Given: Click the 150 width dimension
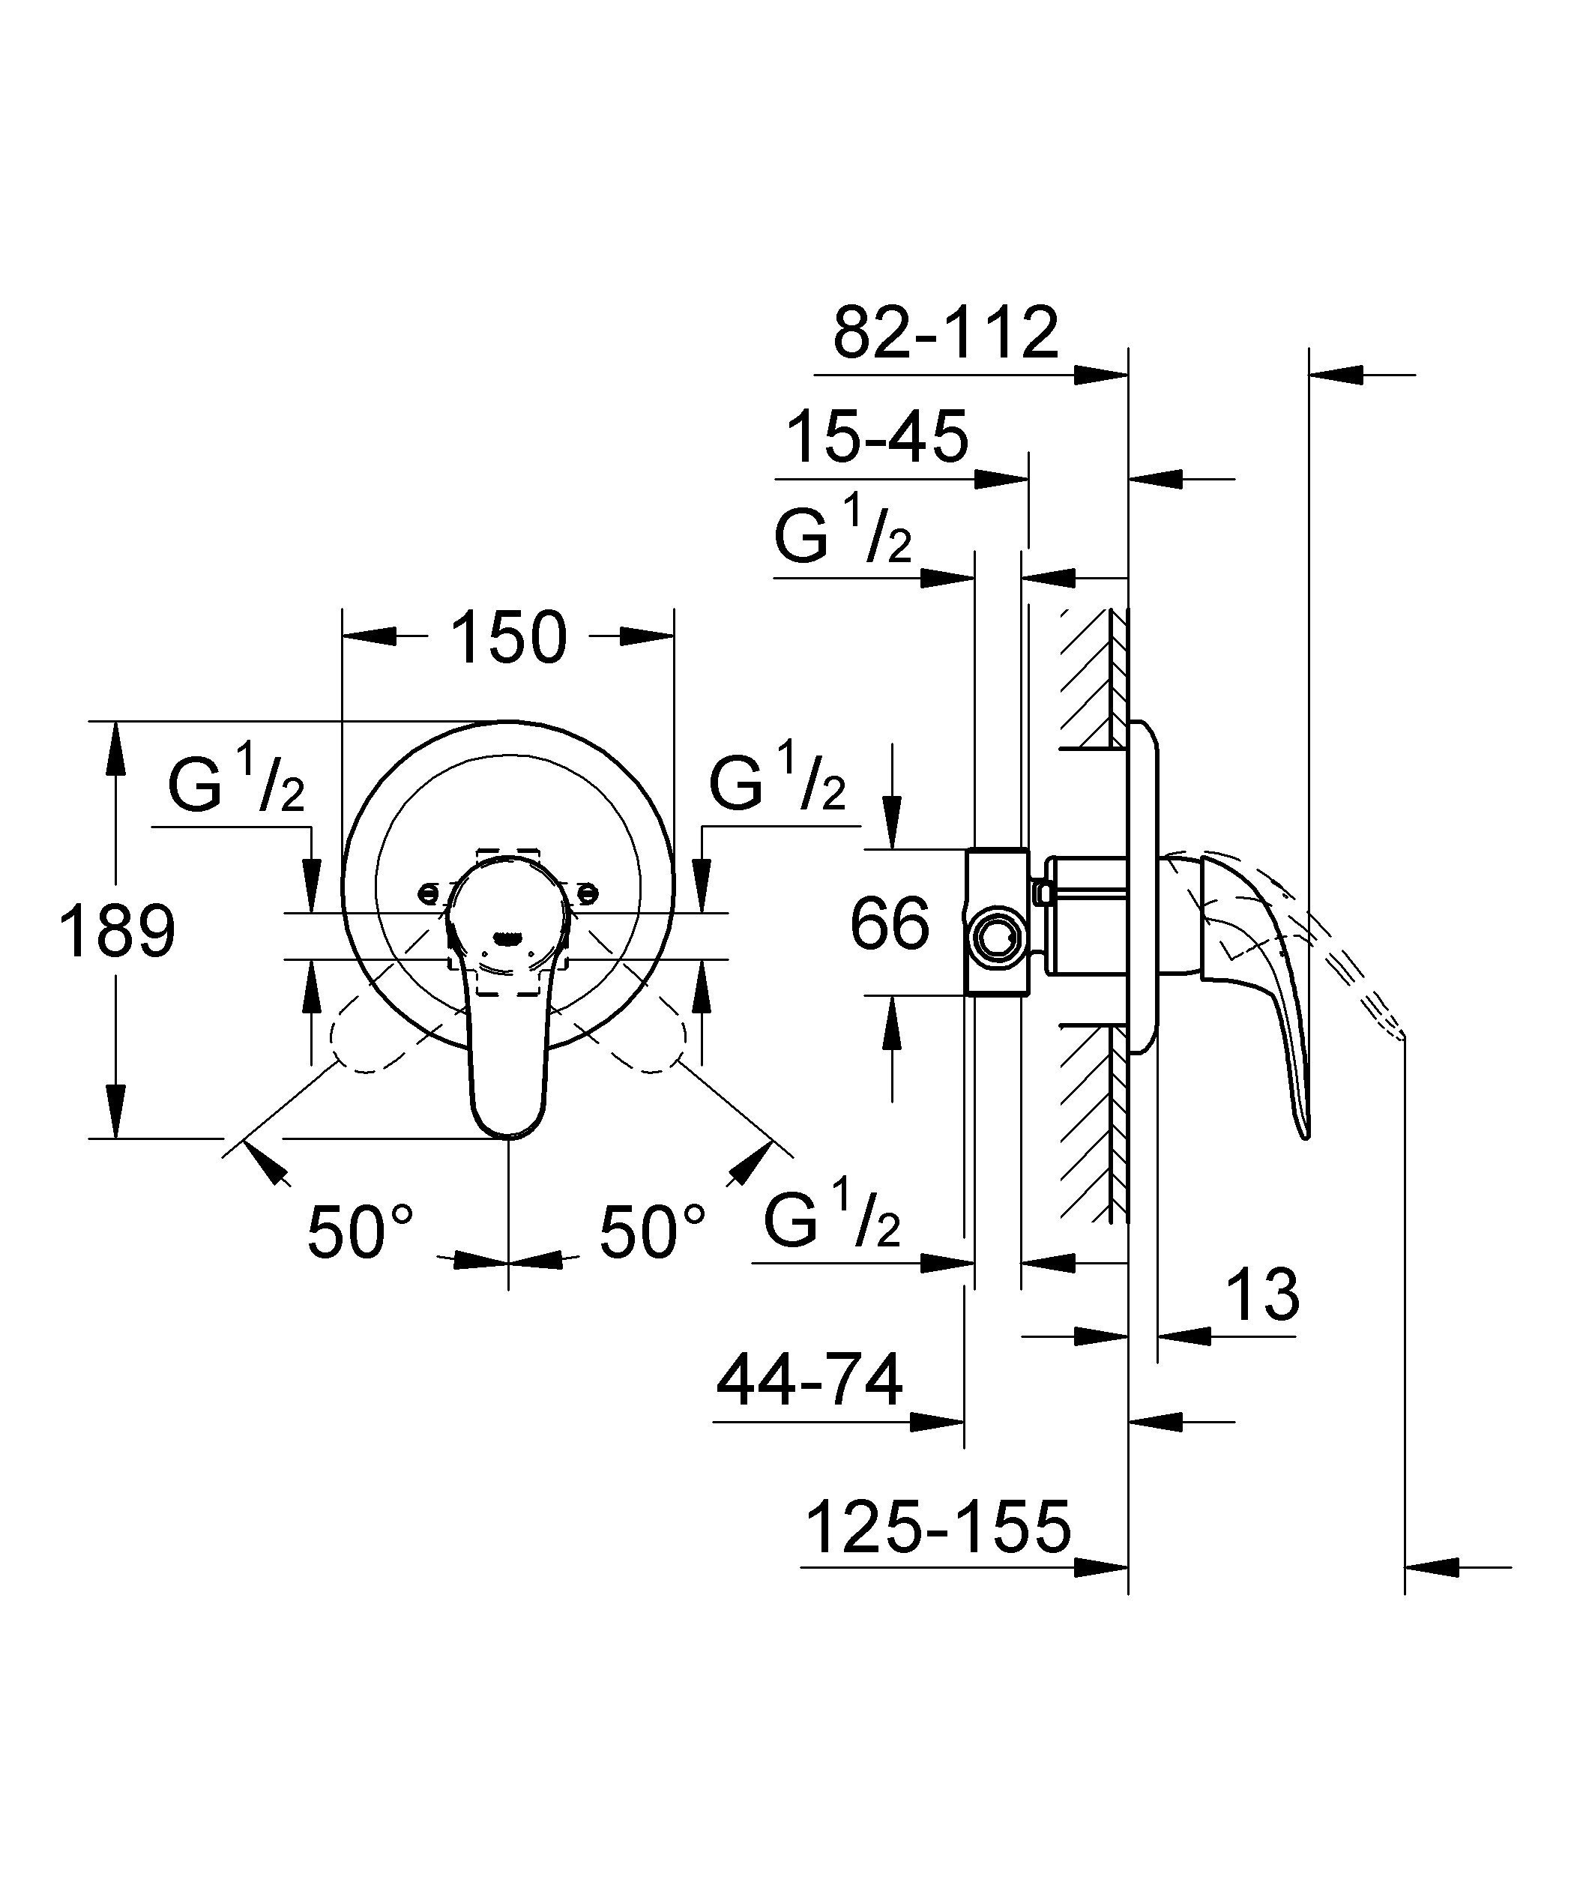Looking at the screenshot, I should pos(508,638).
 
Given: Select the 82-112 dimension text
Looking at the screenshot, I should pos(944,333).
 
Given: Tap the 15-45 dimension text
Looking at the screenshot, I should pos(878,438).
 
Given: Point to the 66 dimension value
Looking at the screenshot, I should pos(890,923).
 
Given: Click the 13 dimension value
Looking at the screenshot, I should pos(1262,1294).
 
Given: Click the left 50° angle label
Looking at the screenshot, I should pos(360,1232).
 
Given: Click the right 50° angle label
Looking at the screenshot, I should pos(652,1232).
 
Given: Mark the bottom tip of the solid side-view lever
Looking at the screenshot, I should pos(1304,1134).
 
